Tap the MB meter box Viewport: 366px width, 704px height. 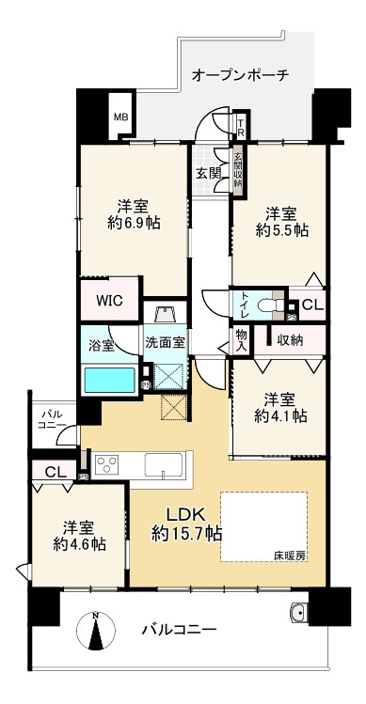point(120,117)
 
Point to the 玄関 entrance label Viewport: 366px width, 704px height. point(207,173)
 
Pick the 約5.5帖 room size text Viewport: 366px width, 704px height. point(283,231)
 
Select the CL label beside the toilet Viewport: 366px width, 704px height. point(312,305)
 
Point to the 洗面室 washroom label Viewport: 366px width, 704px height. point(165,343)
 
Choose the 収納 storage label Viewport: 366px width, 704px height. point(289,340)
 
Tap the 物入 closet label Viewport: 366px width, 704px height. point(241,339)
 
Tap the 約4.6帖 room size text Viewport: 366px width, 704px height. point(79,543)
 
